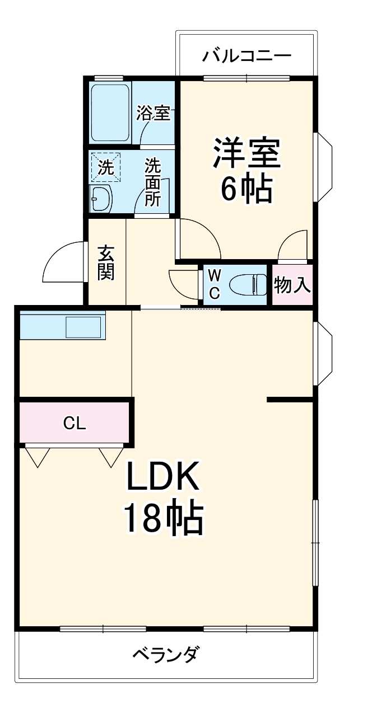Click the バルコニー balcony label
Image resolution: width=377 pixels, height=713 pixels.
[x=247, y=56]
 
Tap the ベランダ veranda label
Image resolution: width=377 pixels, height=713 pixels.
[x=166, y=654]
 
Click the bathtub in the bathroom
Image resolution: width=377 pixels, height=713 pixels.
[x=111, y=114]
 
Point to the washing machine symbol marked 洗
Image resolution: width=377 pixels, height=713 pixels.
[x=105, y=166]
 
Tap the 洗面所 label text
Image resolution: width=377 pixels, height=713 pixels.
[x=153, y=182]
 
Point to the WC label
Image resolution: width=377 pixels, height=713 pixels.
[x=214, y=284]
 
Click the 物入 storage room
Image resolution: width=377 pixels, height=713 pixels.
[x=292, y=285]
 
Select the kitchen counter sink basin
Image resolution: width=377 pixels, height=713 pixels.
[x=83, y=327]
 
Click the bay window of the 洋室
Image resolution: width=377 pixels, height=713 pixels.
[x=324, y=167]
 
